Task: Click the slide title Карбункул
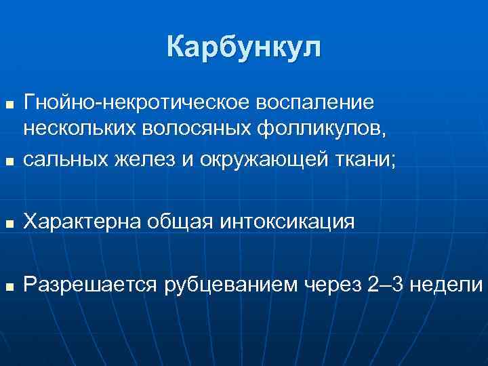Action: coord(244,48)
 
